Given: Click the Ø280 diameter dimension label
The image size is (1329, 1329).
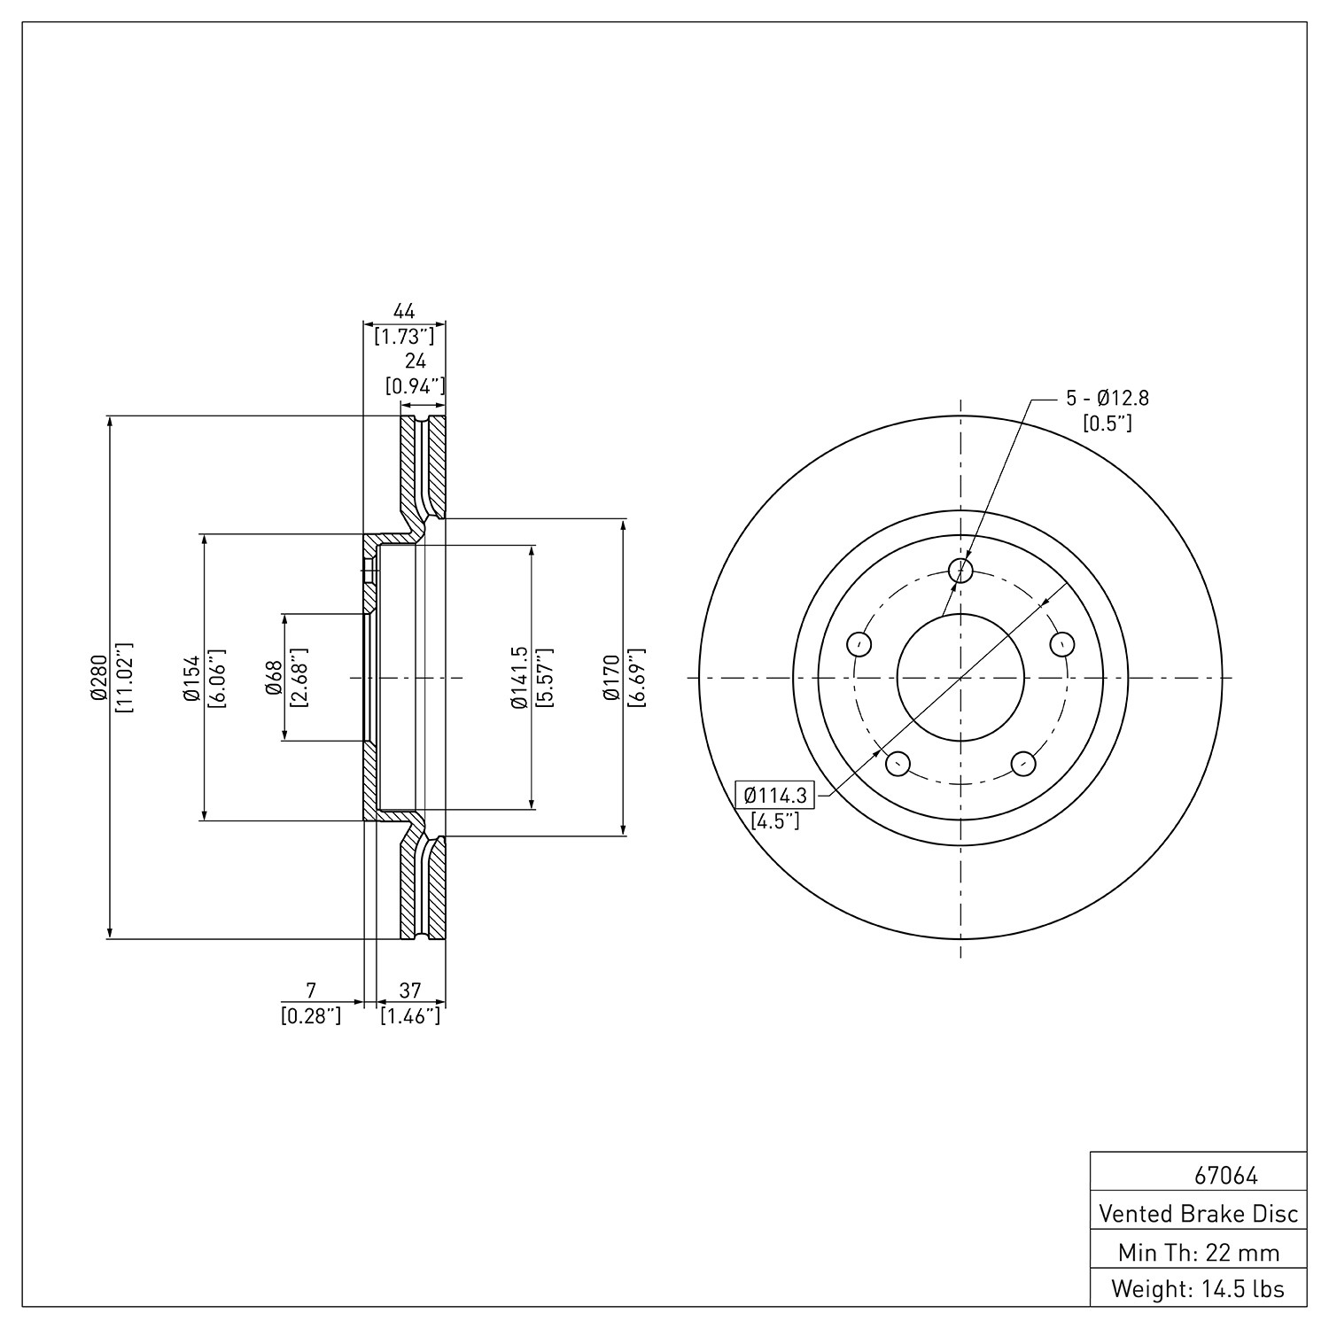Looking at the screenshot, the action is (x=98, y=678).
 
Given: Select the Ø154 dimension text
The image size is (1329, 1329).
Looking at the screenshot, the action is (x=190, y=679).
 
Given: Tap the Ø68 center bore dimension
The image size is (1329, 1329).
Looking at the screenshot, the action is (x=274, y=678).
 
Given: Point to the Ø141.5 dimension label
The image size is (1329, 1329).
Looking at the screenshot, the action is (x=519, y=678).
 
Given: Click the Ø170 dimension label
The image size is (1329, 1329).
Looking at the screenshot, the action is (x=610, y=679).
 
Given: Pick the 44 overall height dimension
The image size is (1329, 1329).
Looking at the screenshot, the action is (x=404, y=311).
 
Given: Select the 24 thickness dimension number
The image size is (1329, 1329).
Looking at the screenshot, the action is (x=416, y=361).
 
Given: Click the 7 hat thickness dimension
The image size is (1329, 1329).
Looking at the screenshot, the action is (x=310, y=990).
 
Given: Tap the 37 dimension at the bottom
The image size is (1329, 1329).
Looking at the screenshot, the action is (x=410, y=990).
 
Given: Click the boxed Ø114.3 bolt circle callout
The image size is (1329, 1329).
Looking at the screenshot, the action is (x=775, y=795).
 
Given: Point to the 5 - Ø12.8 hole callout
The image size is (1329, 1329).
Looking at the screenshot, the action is (x=1107, y=399).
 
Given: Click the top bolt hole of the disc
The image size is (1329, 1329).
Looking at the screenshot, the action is (x=960, y=571).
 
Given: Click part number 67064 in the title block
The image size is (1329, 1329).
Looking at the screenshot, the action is (x=1226, y=1176).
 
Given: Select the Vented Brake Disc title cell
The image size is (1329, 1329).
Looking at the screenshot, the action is (x=1199, y=1213).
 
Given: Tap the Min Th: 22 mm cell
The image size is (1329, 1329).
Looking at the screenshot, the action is (x=1199, y=1252).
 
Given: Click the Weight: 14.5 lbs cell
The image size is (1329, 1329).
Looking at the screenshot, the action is (x=1199, y=1288).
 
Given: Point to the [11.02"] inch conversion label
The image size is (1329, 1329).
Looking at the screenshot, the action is (x=123, y=678).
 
